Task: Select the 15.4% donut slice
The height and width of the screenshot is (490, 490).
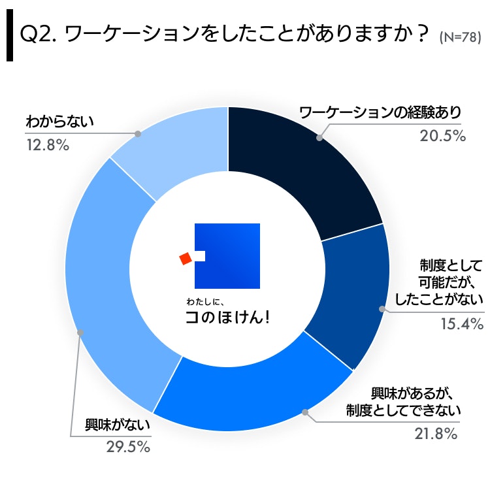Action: pyautogui.click(x=346, y=294)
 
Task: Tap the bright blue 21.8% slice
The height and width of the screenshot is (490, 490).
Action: pyautogui.click(x=261, y=392)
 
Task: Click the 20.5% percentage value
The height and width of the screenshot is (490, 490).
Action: pyautogui.click(x=442, y=136)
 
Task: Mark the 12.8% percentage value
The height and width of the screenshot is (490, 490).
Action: pyautogui.click(x=47, y=145)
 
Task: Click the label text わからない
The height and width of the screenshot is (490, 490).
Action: pyautogui.click(x=61, y=122)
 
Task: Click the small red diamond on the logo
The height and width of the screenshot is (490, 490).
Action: pyautogui.click(x=186, y=258)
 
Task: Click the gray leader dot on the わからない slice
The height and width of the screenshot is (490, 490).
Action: pyautogui.click(x=138, y=133)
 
